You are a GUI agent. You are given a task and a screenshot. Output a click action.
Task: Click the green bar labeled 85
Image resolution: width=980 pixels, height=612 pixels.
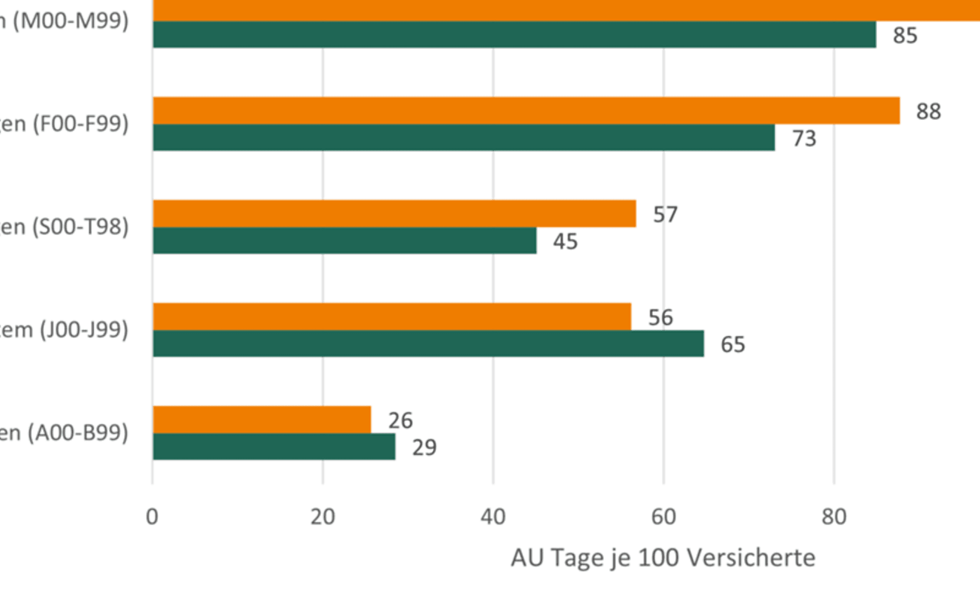pos(514,34)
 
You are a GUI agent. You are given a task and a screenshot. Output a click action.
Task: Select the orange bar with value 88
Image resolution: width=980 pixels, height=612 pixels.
pos(526,110)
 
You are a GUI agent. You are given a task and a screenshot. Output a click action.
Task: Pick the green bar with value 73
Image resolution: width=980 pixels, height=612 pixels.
pos(464,138)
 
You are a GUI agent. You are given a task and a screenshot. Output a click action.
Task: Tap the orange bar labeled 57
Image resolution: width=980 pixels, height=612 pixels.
pos(394,213)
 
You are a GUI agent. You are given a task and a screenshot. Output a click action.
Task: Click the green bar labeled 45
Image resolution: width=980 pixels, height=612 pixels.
pos(345,240)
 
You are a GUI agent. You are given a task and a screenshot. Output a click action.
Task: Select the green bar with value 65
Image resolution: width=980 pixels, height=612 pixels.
pos(428,343)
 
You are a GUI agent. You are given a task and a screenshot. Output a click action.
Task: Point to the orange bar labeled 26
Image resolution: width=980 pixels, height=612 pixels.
pos(262,419)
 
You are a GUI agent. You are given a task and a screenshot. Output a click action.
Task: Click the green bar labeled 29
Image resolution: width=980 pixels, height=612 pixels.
pos(274,447)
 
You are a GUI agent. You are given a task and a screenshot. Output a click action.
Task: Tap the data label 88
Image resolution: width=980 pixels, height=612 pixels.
pos(928,111)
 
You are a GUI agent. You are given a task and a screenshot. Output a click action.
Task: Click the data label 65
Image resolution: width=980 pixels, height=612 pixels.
pos(733,344)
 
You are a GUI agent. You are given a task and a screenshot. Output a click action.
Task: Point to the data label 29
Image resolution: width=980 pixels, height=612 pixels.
pos(424,448)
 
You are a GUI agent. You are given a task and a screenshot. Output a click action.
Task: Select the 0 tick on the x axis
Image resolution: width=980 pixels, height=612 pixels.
pos(152,517)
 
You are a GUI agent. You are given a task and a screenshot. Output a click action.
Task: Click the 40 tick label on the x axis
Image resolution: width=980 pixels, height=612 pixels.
pos(493,517)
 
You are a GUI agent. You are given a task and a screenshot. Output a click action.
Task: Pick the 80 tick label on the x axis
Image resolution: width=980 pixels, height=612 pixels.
pos(834,517)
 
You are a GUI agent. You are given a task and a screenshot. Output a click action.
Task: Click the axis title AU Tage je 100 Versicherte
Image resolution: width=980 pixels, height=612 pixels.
pos(663,558)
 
